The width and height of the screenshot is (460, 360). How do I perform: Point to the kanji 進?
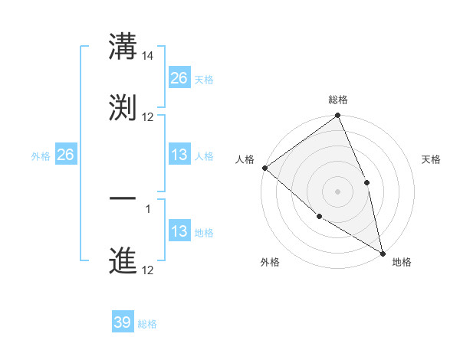[x=123, y=260]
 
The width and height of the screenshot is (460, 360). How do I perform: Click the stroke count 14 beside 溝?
[x=148, y=56]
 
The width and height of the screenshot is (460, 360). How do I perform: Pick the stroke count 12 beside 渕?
[x=148, y=117]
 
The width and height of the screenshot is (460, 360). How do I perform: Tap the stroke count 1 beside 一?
[x=148, y=208]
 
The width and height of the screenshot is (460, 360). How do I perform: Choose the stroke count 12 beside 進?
[x=148, y=270]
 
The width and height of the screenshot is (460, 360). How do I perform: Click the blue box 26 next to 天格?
[x=179, y=77]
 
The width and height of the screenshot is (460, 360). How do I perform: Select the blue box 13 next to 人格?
[x=179, y=155]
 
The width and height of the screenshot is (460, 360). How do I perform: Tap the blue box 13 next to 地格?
[x=179, y=231]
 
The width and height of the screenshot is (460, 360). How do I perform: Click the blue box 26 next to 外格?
[x=65, y=155]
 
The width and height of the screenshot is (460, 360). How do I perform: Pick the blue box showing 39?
[x=123, y=322]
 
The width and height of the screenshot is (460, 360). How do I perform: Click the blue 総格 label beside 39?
[x=147, y=324]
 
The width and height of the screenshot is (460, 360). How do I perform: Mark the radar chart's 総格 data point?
[x=337, y=116]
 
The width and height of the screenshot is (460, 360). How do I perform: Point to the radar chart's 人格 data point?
[x=264, y=168]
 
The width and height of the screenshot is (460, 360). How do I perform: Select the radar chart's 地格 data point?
[x=382, y=252]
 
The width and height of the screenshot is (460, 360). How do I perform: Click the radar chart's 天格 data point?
[x=366, y=182]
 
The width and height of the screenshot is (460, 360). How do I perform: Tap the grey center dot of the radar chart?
[x=337, y=191]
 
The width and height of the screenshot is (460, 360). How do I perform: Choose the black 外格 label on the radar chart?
[x=270, y=262]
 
